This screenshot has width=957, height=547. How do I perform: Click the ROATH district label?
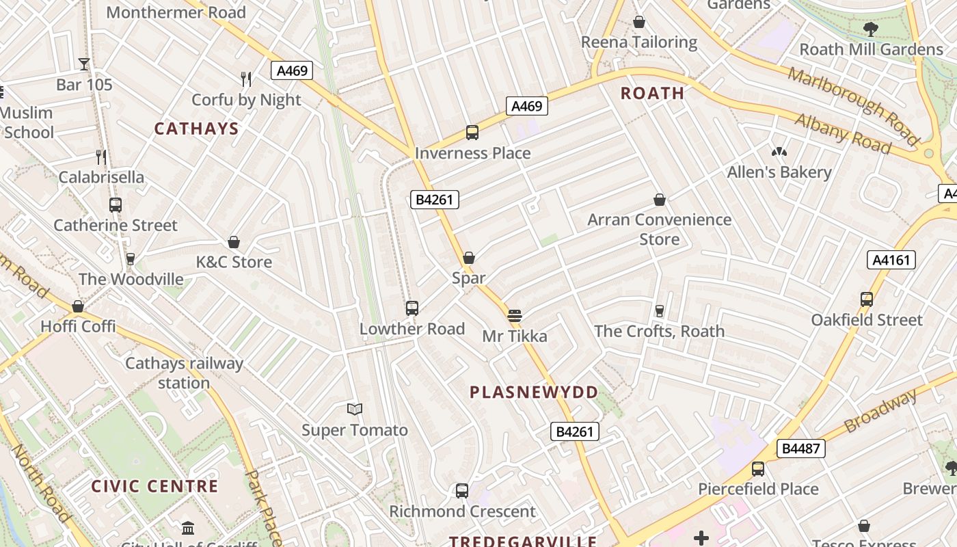[652, 94]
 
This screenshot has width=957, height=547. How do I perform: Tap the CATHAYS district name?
[196, 129]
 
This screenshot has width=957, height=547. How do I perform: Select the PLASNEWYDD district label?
[534, 392]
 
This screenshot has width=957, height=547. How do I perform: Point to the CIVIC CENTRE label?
[154, 487]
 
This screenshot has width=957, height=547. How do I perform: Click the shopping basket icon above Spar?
[469, 258]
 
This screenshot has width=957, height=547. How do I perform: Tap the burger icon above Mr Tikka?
[515, 316]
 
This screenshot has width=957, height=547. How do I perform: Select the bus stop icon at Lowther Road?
[412, 308]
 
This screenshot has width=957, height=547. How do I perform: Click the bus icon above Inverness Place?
[472, 133]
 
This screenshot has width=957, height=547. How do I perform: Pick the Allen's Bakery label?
[779, 172]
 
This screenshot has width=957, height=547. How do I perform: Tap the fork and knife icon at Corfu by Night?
[246, 79]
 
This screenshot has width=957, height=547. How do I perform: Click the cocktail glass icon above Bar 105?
[84, 64]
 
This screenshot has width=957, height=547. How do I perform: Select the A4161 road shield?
[891, 260]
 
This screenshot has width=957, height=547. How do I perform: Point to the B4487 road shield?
[800, 449]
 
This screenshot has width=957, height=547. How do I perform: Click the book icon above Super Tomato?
[354, 410]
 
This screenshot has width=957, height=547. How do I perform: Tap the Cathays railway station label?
[184, 373]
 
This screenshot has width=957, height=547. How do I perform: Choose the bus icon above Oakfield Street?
[867, 299]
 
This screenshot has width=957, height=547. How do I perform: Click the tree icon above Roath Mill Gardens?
[870, 29]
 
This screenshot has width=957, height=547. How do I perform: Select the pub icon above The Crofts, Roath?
[659, 311]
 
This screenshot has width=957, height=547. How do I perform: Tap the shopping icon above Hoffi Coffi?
[78, 306]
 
